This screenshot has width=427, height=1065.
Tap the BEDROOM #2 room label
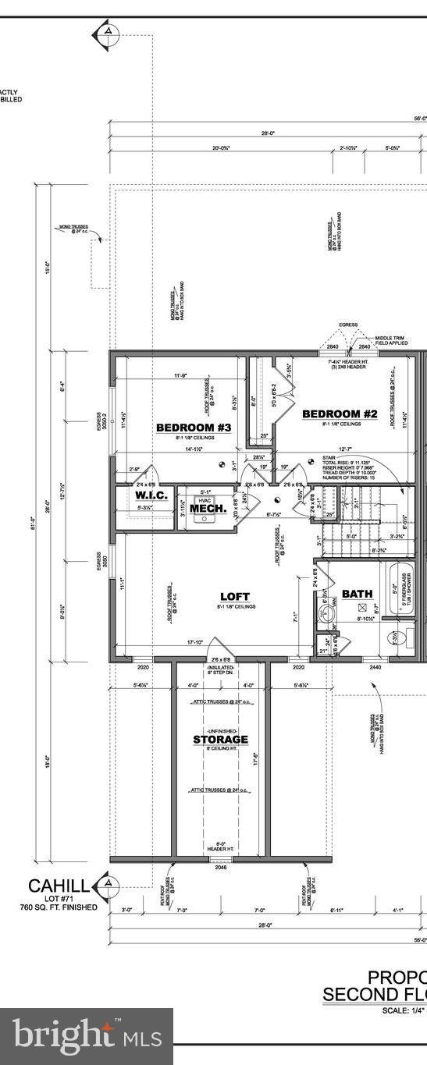tap(340, 414)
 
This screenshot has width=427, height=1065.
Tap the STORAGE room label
tap(221, 739)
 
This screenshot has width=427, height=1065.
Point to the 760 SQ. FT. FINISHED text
tap(59, 907)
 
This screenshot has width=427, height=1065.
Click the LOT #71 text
tap(59, 899)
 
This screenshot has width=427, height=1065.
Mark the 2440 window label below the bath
tap(375, 668)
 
